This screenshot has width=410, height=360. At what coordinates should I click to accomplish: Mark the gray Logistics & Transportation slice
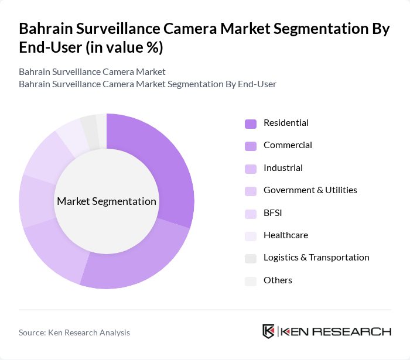click(x=90, y=125)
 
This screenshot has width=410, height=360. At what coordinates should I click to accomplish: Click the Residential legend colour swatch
click(x=251, y=124)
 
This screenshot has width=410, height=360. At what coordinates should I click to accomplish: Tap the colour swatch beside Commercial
click(x=251, y=146)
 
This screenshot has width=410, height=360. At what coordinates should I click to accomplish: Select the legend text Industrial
click(x=283, y=168)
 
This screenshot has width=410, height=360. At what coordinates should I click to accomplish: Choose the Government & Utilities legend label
click(x=310, y=190)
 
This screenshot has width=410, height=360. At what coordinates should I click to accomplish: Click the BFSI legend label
click(x=273, y=213)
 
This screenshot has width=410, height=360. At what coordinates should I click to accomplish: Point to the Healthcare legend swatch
click(x=251, y=236)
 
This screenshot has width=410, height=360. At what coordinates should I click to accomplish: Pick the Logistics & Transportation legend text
click(x=316, y=258)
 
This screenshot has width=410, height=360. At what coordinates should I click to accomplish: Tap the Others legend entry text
click(x=278, y=280)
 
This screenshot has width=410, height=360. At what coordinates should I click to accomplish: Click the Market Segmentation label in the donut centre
click(x=107, y=201)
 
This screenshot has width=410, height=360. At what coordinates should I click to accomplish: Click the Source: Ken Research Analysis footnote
click(x=74, y=332)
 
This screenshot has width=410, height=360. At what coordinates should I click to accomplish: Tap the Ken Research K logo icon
click(x=269, y=331)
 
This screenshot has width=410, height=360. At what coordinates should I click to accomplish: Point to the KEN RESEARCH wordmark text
click(x=336, y=332)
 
